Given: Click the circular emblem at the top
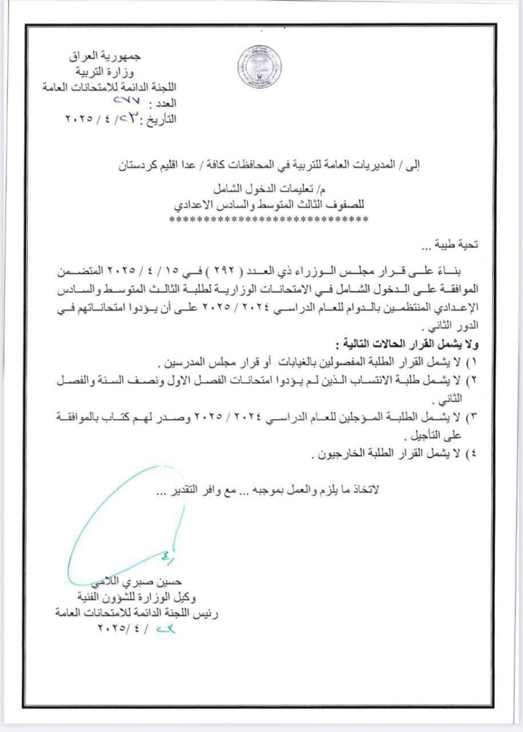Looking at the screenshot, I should [259, 67].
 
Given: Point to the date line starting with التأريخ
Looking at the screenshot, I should [121, 118].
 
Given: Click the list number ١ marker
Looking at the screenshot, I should [472, 364].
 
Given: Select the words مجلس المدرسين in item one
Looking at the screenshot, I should [198, 364].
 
